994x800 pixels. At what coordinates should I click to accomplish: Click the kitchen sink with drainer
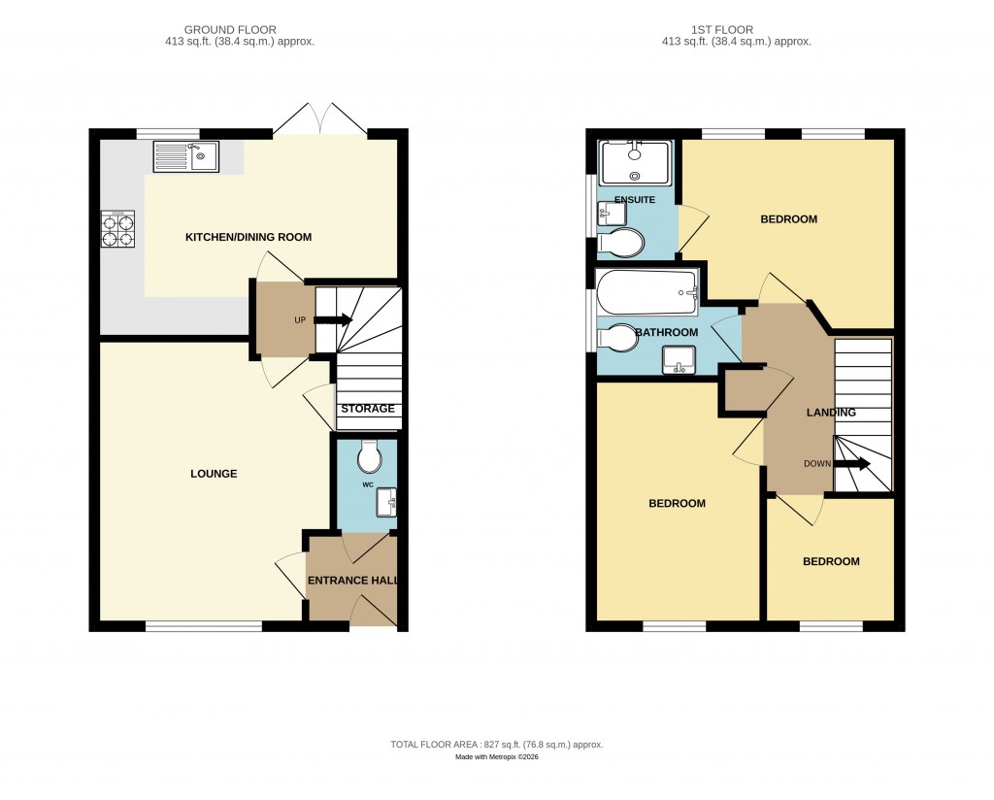tap(185, 155)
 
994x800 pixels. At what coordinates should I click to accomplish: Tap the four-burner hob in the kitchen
tap(118, 230)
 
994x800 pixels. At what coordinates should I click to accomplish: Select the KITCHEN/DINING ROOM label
tap(248, 237)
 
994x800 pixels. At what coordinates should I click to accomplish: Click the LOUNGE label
tap(214, 474)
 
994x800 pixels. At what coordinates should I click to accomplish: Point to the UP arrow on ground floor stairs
tap(333, 319)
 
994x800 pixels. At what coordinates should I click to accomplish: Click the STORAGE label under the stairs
tap(368, 409)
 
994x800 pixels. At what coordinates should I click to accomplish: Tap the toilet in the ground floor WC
tap(370, 457)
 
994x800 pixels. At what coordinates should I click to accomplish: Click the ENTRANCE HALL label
tap(351, 581)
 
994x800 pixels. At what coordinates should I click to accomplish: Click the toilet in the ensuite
tap(621, 242)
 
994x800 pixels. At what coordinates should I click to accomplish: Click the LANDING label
tap(832, 413)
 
